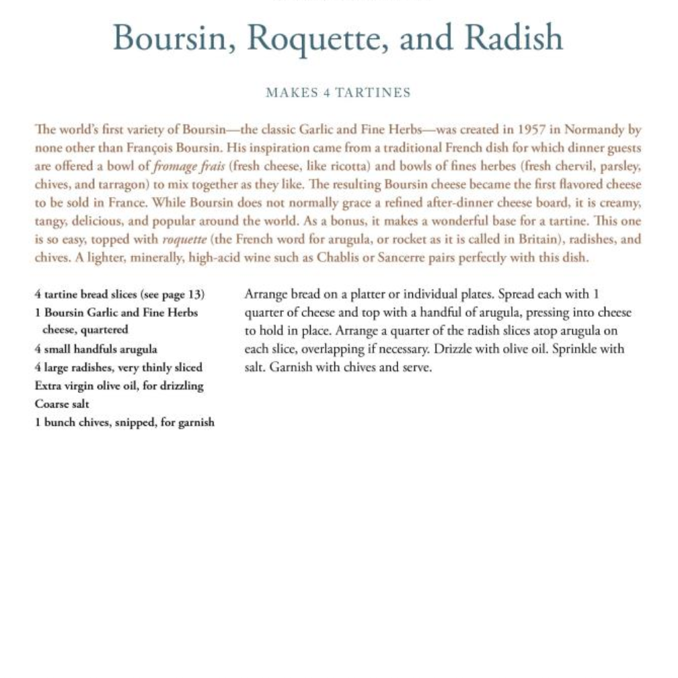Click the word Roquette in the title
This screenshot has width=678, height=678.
coord(316,38)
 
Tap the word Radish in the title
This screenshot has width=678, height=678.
coord(514,38)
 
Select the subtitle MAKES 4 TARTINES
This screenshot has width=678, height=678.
coord(338,93)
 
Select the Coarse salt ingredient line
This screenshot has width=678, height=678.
coord(62,404)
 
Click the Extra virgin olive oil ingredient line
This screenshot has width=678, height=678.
coord(119,386)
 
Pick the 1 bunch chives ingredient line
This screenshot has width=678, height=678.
coord(125,422)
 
